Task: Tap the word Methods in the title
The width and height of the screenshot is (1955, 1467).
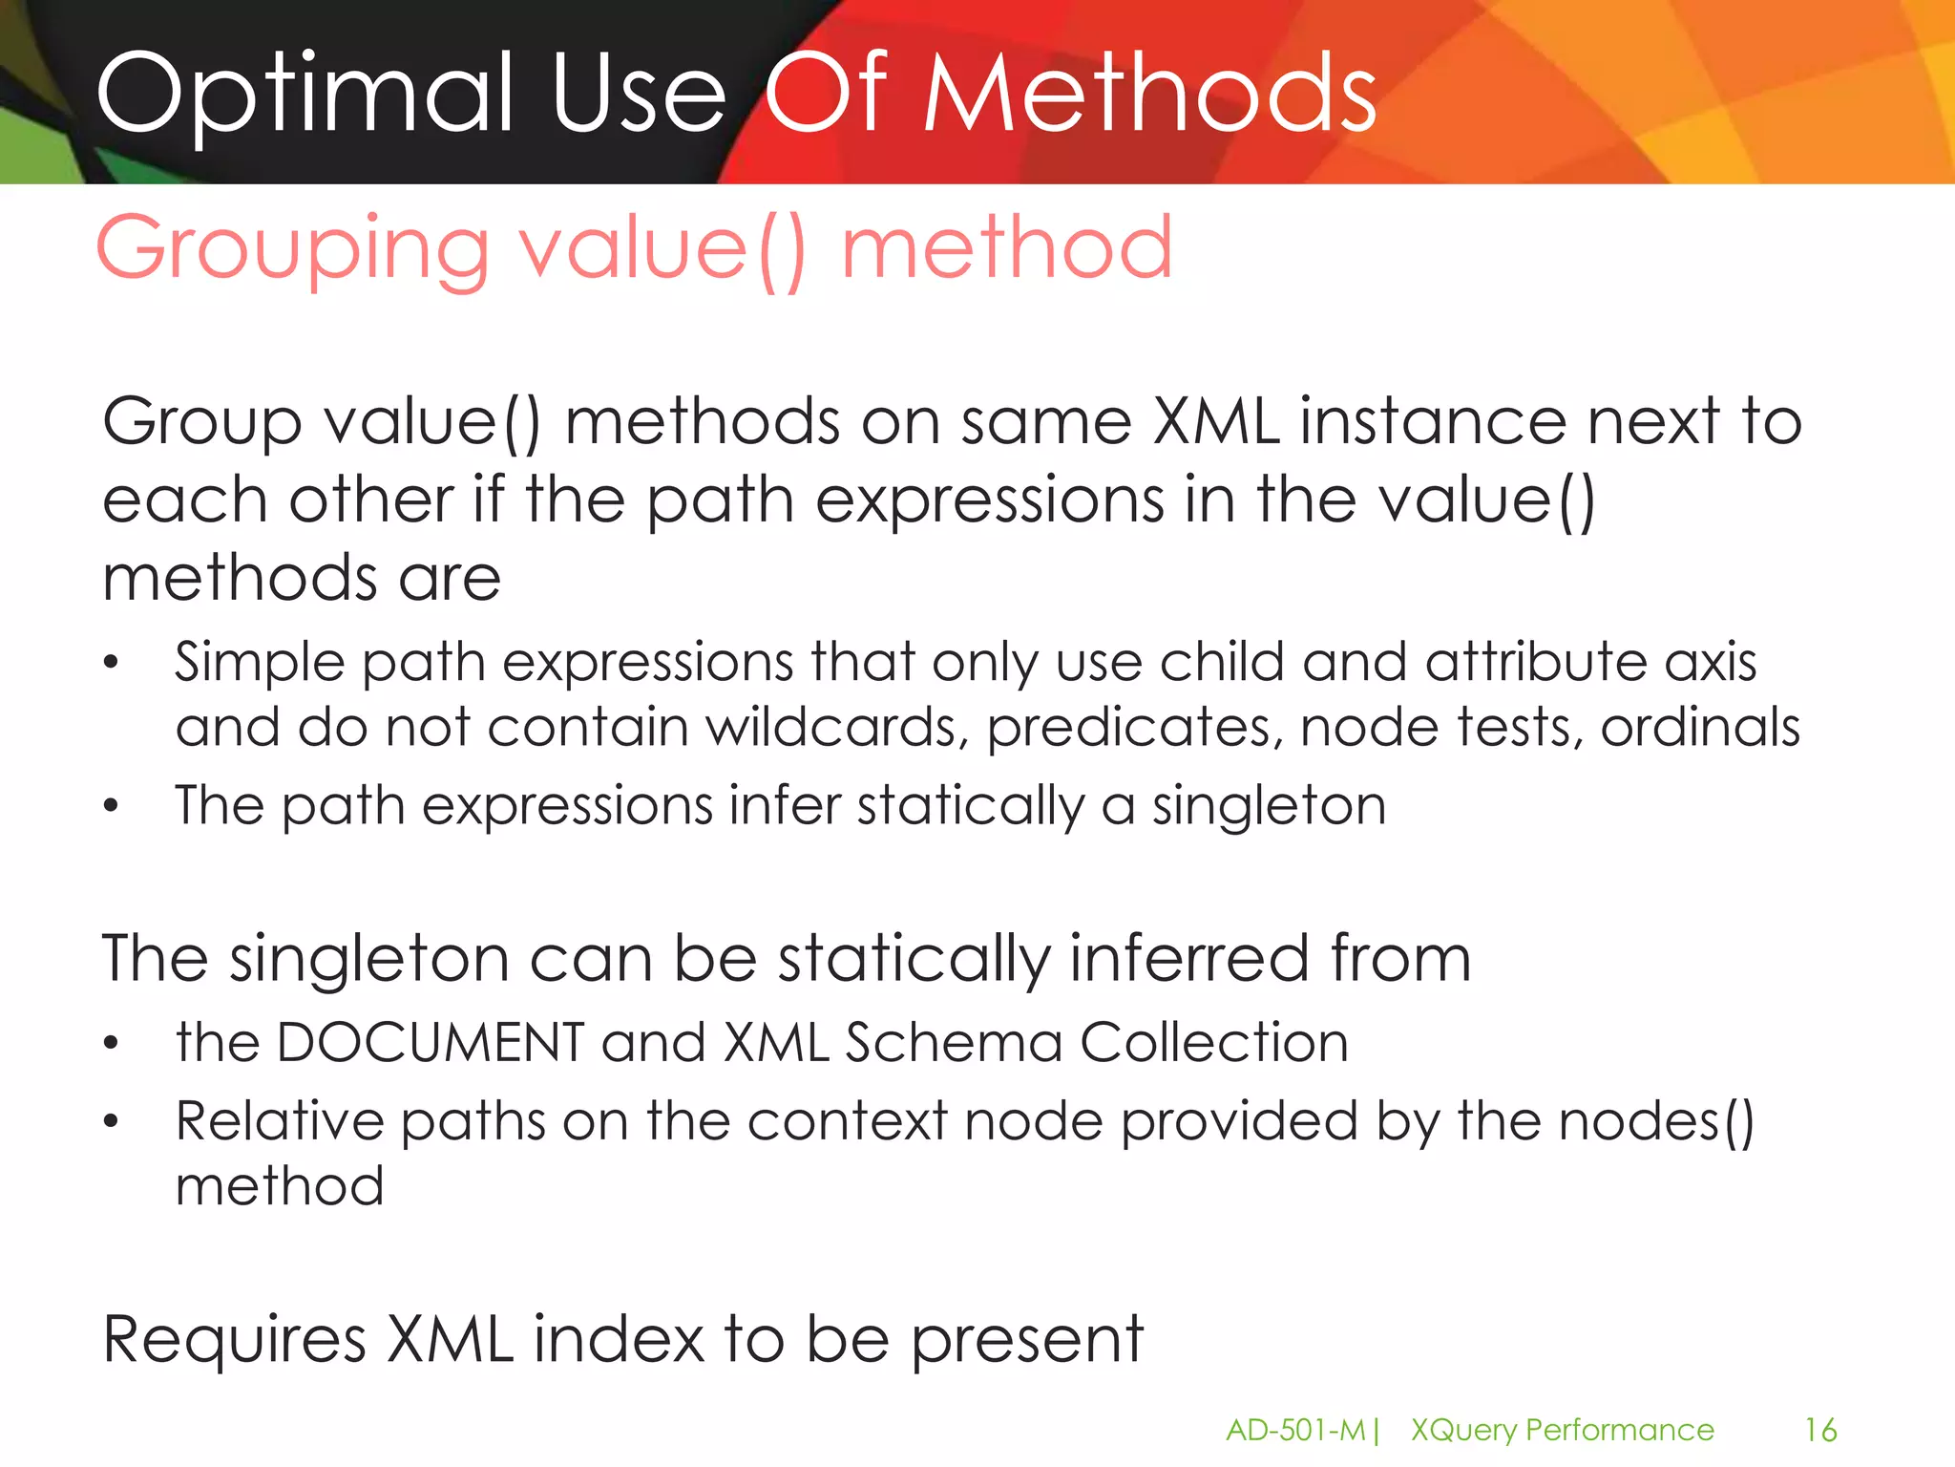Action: (1149, 94)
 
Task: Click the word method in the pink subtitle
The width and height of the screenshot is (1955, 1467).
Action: (1006, 248)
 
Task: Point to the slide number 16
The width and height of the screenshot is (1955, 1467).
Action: (1819, 1430)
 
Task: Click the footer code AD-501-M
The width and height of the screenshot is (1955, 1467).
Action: (1295, 1430)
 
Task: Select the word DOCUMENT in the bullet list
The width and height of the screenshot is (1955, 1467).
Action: (430, 1042)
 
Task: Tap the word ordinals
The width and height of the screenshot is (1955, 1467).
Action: (1699, 728)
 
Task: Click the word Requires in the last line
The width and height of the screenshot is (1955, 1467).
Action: (234, 1339)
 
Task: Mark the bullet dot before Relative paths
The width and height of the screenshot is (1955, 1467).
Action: (112, 1121)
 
